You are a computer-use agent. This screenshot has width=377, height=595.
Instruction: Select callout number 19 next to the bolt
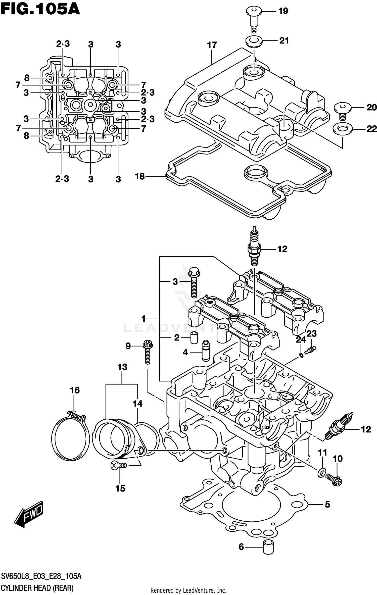click(x=283, y=11)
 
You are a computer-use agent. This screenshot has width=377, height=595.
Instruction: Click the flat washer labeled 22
click(x=342, y=129)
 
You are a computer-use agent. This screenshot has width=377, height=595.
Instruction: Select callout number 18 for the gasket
click(x=140, y=177)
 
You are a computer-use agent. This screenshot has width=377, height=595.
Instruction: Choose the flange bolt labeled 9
click(x=148, y=352)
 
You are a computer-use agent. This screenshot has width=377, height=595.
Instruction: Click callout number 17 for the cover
click(x=212, y=45)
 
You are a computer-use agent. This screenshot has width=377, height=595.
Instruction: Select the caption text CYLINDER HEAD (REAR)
click(x=37, y=588)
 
